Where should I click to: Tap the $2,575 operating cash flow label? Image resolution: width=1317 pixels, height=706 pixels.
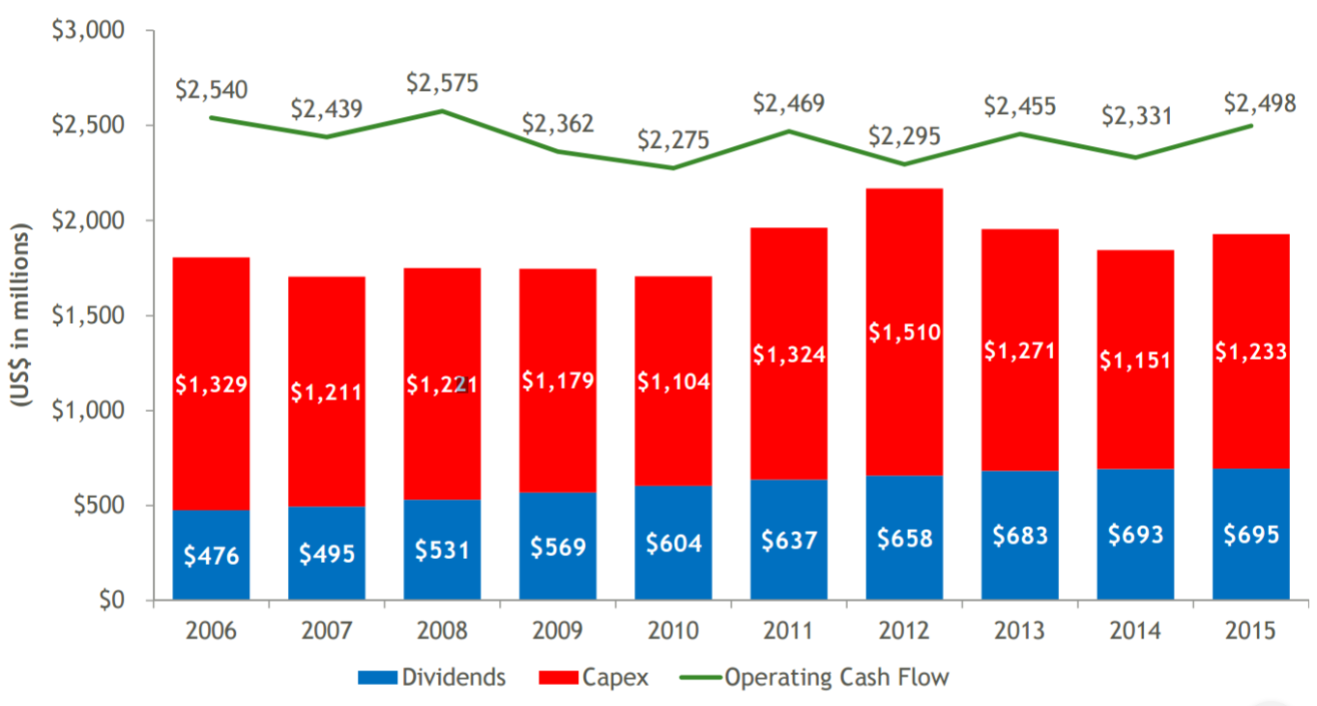click(x=442, y=82)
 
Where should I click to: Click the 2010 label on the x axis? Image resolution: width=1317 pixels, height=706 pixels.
click(x=673, y=631)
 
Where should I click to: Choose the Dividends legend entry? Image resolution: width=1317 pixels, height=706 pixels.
click(x=431, y=677)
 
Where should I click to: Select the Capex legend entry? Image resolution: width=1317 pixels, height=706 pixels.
click(x=593, y=677)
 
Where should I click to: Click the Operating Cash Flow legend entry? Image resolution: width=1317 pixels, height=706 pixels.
click(x=812, y=677)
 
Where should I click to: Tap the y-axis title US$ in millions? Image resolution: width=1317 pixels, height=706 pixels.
click(x=21, y=315)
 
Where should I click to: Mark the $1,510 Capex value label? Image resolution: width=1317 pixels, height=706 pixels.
click(x=904, y=333)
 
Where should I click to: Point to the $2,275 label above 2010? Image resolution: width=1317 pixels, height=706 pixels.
click(x=673, y=140)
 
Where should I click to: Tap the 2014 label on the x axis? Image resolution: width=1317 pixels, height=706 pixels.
click(x=1135, y=631)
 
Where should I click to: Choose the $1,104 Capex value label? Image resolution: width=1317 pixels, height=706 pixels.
click(x=673, y=382)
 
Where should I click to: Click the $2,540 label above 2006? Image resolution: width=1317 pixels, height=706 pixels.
click(x=211, y=90)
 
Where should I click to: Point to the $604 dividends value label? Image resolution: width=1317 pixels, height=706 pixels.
click(x=673, y=543)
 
